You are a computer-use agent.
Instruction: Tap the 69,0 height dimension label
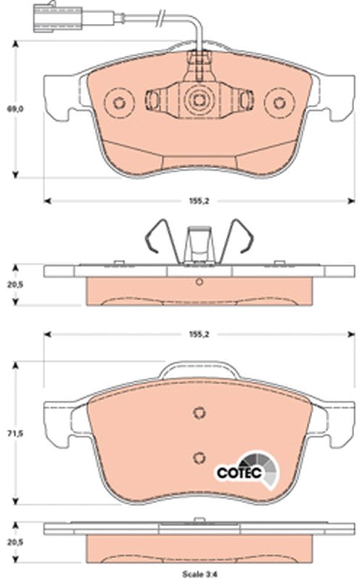[15, 109]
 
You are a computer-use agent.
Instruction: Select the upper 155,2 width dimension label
[199, 201]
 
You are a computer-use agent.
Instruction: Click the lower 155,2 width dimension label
[199, 334]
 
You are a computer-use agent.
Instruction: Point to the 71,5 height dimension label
[15, 433]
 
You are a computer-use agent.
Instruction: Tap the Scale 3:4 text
[200, 574]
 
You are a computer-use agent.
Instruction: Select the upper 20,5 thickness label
[15, 284]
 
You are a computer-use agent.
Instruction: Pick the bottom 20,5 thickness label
[15, 542]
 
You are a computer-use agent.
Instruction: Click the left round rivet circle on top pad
[119, 103]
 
